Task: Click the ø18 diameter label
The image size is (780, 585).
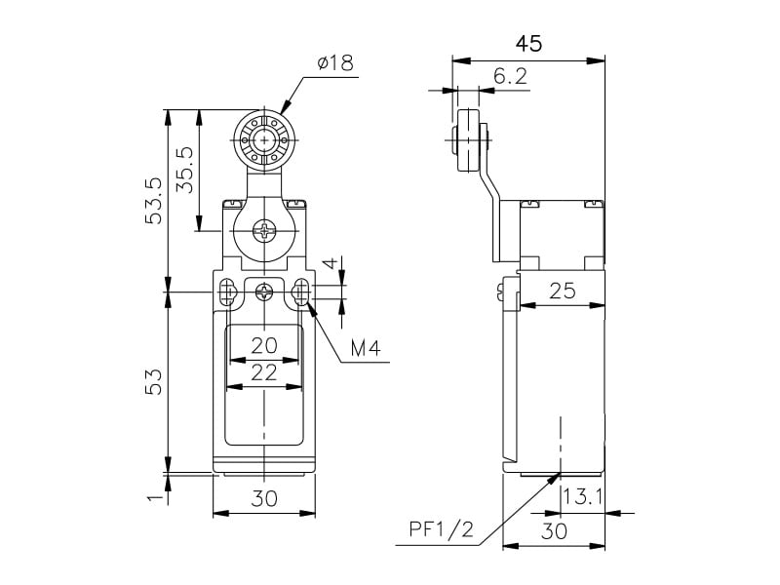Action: pos(334,63)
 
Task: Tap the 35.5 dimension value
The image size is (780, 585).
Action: pos(185,169)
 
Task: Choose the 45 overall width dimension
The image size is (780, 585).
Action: pos(527,44)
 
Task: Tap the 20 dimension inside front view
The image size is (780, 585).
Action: pos(264,344)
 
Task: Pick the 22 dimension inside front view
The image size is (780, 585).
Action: pos(264,371)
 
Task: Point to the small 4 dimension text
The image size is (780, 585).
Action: pos(331,264)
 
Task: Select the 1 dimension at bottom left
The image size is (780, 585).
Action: pos(153,497)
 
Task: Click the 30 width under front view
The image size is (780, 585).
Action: pos(264,498)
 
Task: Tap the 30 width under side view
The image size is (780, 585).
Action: pos(553,531)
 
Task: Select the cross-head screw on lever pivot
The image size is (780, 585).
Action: pos(264,231)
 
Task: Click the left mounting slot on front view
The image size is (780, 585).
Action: pos(228,292)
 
